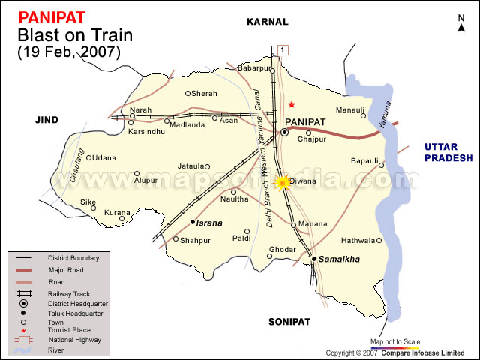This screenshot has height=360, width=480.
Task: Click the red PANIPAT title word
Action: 50,16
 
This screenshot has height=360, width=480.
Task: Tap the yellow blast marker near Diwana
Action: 283,182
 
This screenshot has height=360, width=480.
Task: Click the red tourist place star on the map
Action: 292,104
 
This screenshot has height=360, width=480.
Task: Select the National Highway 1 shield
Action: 282,49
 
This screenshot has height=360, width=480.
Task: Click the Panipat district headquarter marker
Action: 285,133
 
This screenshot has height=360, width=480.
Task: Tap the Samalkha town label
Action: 340,259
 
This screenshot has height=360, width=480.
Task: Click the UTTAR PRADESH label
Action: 448,152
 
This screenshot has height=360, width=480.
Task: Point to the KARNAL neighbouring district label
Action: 267,22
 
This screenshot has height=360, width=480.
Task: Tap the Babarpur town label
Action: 252,68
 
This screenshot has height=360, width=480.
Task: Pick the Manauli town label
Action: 350,109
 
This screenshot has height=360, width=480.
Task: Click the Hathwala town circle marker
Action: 379,241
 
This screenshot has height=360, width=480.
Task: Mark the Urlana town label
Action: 104,157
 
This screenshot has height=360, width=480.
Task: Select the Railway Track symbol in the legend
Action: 25,293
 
